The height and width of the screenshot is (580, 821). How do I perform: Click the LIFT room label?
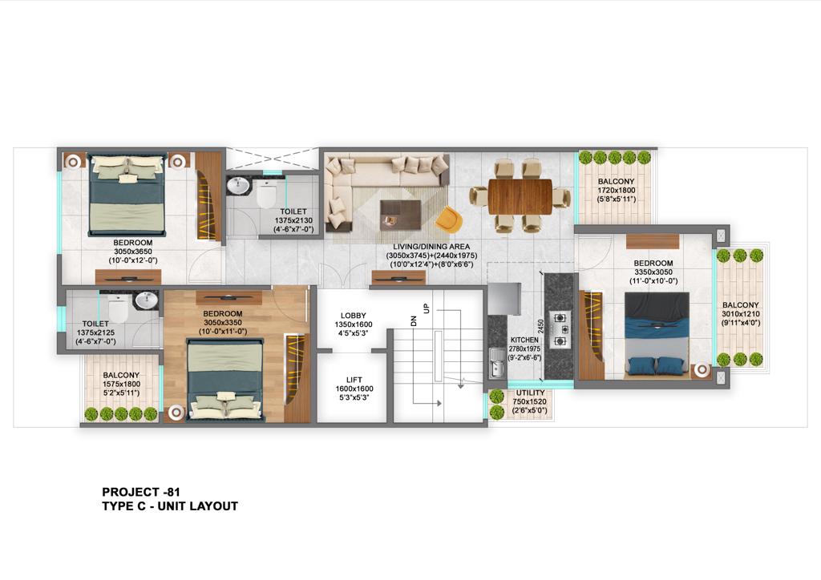(354, 380)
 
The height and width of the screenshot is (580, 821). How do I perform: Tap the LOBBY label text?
(354, 316)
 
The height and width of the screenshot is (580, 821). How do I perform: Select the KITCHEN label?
(524, 340)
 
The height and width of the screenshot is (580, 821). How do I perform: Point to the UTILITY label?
(530, 393)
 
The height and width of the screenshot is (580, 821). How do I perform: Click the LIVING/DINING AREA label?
(431, 246)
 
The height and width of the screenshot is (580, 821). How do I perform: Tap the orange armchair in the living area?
(449, 220)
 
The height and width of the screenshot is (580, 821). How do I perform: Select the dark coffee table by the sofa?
(401, 215)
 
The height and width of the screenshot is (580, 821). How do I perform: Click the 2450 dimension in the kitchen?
(541, 327)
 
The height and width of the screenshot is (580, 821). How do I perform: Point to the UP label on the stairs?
(427, 308)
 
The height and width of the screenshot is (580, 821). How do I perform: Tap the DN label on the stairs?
(414, 320)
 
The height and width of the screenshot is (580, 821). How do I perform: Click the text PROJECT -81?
(141, 492)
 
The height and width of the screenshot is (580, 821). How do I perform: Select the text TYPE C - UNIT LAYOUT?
(170, 506)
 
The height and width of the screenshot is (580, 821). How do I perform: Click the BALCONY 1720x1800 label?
(617, 191)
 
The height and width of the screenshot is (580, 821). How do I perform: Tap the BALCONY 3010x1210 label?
(740, 314)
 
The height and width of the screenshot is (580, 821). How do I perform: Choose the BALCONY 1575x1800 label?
(121, 384)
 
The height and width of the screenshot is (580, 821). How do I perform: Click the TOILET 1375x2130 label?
(293, 220)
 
